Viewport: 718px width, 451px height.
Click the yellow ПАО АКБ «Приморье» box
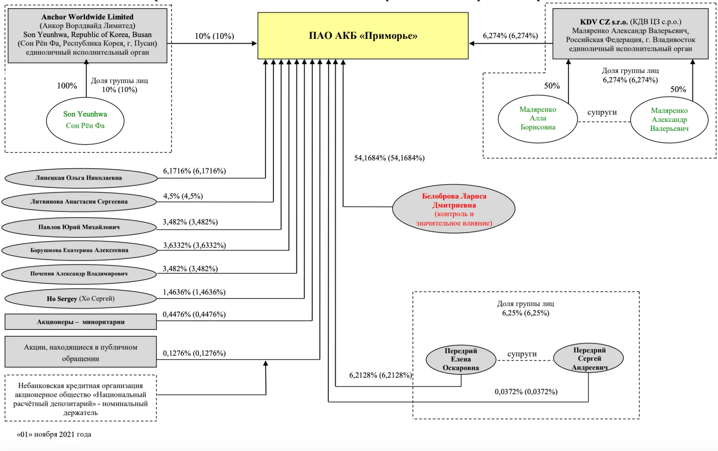(363, 36)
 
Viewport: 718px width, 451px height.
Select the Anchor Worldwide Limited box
(88, 36)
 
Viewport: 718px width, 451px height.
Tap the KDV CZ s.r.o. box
(630, 34)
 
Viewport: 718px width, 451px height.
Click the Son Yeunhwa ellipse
(85, 121)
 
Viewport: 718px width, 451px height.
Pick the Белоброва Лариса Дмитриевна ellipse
(454, 209)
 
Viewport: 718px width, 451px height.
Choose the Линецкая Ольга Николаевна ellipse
(81, 178)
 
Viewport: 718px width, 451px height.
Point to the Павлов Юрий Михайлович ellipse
(79, 227)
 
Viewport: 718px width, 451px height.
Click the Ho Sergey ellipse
(80, 298)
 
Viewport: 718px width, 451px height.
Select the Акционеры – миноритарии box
(80, 322)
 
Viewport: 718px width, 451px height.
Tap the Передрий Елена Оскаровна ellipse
(461, 359)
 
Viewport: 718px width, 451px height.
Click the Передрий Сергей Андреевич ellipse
(588, 358)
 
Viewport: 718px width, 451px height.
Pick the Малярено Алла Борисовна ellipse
(538, 119)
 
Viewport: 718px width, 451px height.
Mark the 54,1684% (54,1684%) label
(389, 158)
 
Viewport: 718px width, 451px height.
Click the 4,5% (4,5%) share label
(183, 196)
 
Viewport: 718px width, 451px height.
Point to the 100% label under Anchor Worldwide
(67, 86)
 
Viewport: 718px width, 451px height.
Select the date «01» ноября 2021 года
(54, 434)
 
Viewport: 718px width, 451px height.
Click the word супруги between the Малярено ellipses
(602, 112)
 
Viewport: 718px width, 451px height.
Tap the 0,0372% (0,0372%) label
(526, 392)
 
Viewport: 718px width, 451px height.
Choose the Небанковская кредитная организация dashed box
(80, 398)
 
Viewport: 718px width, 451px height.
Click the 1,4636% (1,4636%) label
(194, 292)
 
